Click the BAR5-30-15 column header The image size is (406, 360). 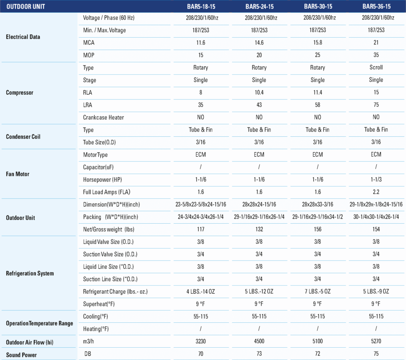click(x=318, y=6)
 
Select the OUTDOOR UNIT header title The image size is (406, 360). click(x=26, y=6)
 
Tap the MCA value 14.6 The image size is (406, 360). click(x=259, y=42)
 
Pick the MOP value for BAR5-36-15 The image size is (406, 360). click(x=376, y=55)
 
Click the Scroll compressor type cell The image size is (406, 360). click(x=376, y=67)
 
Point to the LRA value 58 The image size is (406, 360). click(x=318, y=105)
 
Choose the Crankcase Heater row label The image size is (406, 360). click(x=103, y=117)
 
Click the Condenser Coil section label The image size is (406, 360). click(x=23, y=136)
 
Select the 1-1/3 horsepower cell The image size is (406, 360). click(x=376, y=180)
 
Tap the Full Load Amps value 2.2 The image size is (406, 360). click(x=376, y=192)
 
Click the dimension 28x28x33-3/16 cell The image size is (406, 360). click(x=318, y=204)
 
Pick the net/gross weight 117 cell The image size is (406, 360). click(x=201, y=229)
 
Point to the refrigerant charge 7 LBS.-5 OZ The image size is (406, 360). click(x=318, y=291)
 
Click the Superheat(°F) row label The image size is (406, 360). click(x=99, y=304)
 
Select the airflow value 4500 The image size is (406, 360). click(x=259, y=341)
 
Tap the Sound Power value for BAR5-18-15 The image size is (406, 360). click(x=201, y=354)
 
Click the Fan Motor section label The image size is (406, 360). click(x=17, y=174)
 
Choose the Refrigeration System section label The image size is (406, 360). click(x=30, y=273)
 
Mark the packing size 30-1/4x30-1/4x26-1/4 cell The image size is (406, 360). click(x=376, y=217)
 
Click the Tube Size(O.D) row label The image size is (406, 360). click(x=100, y=142)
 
